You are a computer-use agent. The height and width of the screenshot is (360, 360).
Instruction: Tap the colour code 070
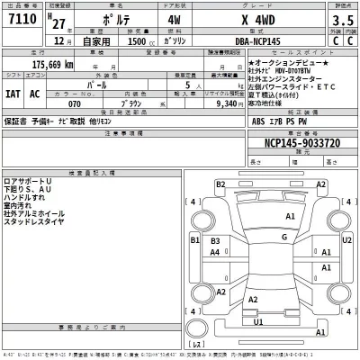pyautogui.click(x=74, y=103)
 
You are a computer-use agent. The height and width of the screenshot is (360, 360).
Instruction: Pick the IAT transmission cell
pyautogui.click(x=13, y=93)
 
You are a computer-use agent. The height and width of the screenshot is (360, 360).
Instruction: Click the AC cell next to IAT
pyautogui.click(x=36, y=93)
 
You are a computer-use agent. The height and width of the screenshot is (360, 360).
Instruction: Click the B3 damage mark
pyautogui.click(x=215, y=242)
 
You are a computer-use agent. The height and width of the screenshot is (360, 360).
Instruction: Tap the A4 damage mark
pyautogui.click(x=215, y=254)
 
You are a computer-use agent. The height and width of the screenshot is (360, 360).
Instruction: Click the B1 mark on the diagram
pyautogui.click(x=195, y=241)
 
